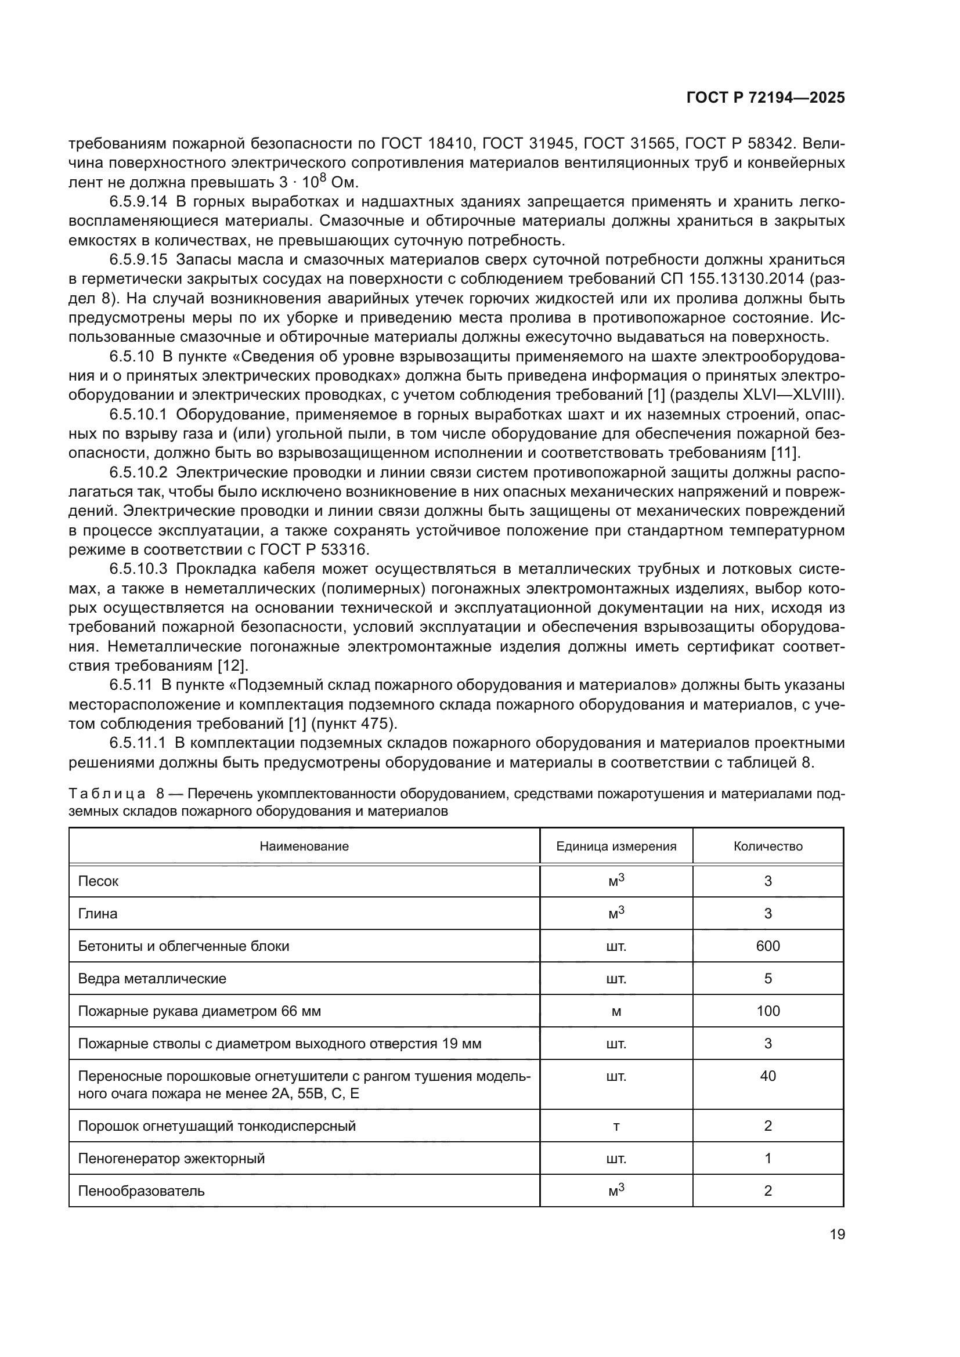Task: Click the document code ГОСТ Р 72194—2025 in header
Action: click(766, 98)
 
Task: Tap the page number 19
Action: click(837, 1234)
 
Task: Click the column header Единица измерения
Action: click(616, 846)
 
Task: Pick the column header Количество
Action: click(768, 846)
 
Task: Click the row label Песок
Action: click(98, 881)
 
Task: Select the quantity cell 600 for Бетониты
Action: click(768, 946)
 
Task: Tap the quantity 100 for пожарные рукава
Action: click(768, 1011)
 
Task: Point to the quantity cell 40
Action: click(768, 1076)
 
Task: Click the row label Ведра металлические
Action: click(152, 979)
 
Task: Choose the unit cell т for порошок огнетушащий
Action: click(616, 1126)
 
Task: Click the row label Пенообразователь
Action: click(141, 1191)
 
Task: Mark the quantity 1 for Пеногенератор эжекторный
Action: click(768, 1159)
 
